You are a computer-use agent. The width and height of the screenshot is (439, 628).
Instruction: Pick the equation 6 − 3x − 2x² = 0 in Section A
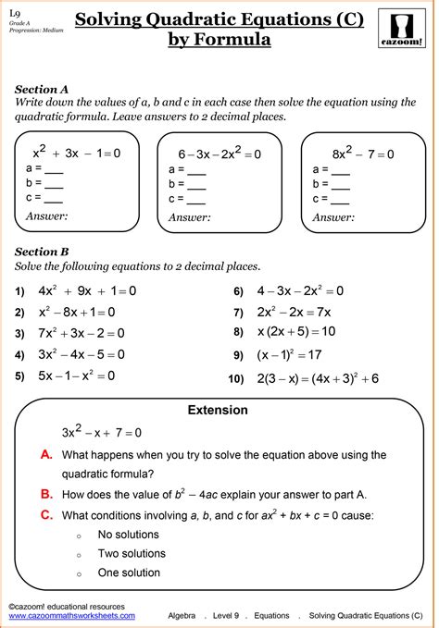pos(219,154)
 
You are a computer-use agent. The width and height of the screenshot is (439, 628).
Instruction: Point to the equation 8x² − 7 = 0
pos(362,154)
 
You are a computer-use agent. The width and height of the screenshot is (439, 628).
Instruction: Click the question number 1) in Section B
pos(19,291)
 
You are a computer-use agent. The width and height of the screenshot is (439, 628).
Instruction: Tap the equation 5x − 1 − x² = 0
pos(77,376)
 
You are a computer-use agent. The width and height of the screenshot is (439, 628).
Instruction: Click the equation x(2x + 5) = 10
pos(296,331)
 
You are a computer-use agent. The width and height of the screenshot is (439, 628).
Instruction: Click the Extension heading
pos(218,410)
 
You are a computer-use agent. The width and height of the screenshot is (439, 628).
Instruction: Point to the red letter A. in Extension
pos(47,454)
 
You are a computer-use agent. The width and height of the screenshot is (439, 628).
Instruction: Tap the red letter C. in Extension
pos(47,515)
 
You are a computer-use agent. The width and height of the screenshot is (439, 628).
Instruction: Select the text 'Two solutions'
pos(133,553)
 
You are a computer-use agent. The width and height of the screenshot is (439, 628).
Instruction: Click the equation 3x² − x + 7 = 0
pos(102,432)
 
